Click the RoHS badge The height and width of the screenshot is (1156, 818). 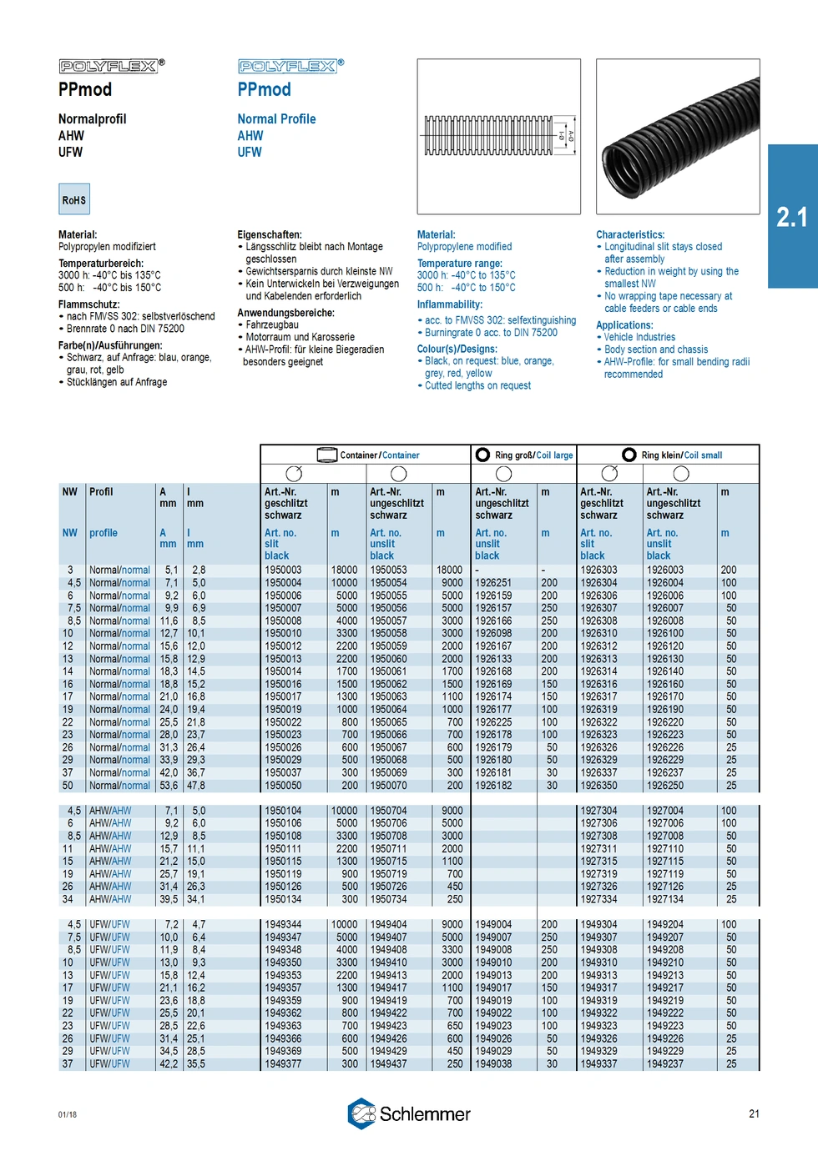click(x=73, y=200)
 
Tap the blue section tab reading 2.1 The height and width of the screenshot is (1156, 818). click(x=792, y=217)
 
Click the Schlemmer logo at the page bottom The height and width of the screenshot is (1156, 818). click(x=409, y=1113)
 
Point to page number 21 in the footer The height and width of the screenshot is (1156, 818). click(x=754, y=1113)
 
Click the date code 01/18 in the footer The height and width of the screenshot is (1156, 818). click(x=68, y=1114)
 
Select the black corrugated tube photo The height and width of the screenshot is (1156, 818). click(x=678, y=136)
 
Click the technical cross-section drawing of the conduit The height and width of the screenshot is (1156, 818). click(x=498, y=136)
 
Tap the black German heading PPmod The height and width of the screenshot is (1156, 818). click(x=85, y=89)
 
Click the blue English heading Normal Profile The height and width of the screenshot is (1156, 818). click(x=276, y=119)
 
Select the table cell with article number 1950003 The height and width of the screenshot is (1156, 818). click(x=283, y=570)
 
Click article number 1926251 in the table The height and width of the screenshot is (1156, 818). click(x=493, y=583)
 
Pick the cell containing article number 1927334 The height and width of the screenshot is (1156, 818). click(x=598, y=899)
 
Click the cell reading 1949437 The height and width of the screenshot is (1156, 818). click(x=389, y=1063)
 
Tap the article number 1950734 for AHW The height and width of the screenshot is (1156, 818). click(x=389, y=899)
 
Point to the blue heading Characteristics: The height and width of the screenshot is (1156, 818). click(x=630, y=235)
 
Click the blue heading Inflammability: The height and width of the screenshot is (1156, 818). click(x=450, y=304)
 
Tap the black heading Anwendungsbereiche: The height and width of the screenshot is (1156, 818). click(x=285, y=313)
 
